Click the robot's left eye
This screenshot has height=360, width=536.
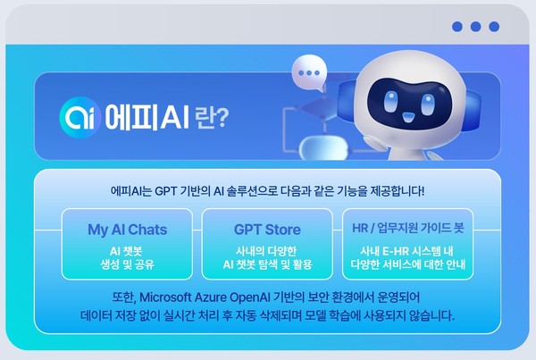392,96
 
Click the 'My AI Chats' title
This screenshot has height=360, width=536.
127,230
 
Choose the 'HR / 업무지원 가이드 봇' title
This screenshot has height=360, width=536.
408,230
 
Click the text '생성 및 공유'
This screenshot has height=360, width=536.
127,265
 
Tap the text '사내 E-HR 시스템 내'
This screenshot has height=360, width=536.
408,250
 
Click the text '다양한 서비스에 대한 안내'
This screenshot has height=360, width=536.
408,265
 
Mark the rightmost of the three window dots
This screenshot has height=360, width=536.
493,27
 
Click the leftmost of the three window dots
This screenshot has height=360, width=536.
457,27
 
